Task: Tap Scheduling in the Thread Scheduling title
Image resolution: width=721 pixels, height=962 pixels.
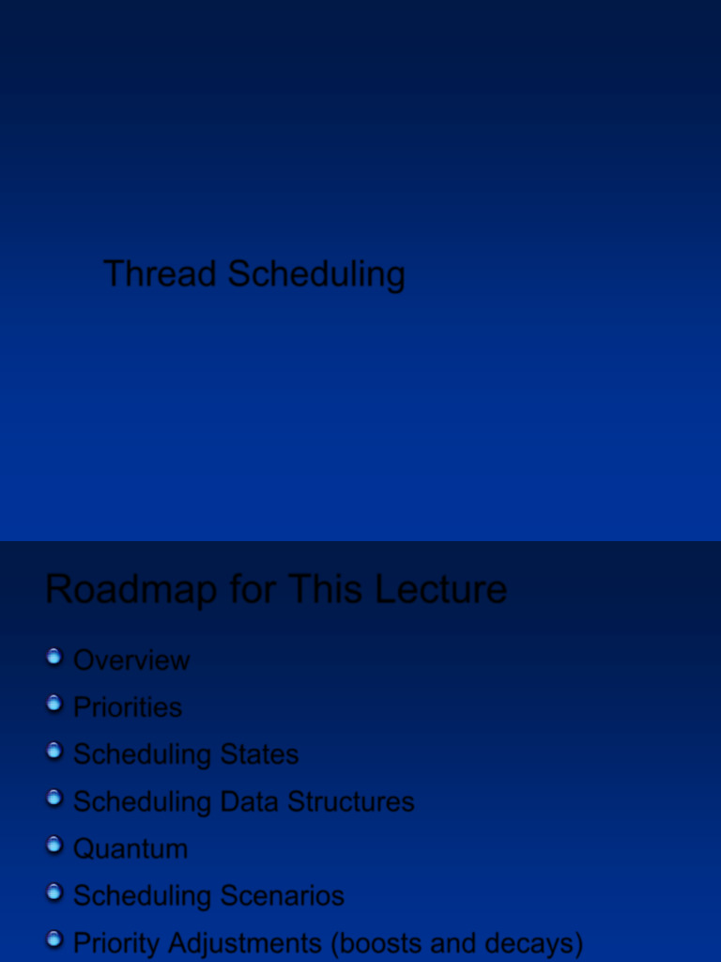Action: coord(316,275)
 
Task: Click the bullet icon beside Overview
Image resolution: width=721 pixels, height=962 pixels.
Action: coord(54,657)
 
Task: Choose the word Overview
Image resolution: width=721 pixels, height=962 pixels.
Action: coord(131,660)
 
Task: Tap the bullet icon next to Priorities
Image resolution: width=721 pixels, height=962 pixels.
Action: coord(54,704)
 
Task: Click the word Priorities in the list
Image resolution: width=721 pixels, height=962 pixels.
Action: coord(128,707)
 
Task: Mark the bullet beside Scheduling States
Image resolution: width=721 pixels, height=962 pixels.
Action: coord(54,751)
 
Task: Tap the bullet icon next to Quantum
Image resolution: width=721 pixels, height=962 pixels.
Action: coord(54,845)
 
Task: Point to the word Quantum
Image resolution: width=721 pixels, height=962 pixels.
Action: coord(130,848)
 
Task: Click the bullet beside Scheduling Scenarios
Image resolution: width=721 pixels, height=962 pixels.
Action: coord(54,892)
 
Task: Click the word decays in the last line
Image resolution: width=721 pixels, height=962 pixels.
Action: coord(532,943)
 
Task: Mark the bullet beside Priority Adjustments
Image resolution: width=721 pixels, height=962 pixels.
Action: coord(54,939)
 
